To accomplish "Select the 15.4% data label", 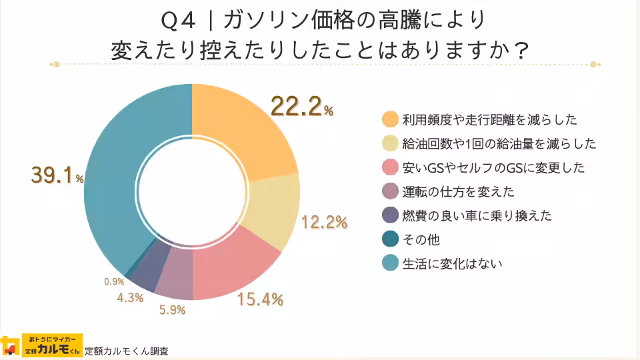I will pos(261,299).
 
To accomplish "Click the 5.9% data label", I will pos(171,309).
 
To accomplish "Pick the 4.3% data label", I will pos(130,298).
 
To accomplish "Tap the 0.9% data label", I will pos(114,282).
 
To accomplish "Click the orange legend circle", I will pos(390,120).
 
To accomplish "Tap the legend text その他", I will pos(421,239).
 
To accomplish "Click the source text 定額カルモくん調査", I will pos(127,351).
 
